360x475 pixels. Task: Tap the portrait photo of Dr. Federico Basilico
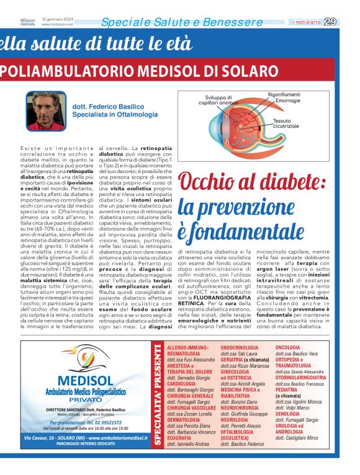46,111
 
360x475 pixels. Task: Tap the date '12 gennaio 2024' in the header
55,19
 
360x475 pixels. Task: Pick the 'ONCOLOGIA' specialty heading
287,348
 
